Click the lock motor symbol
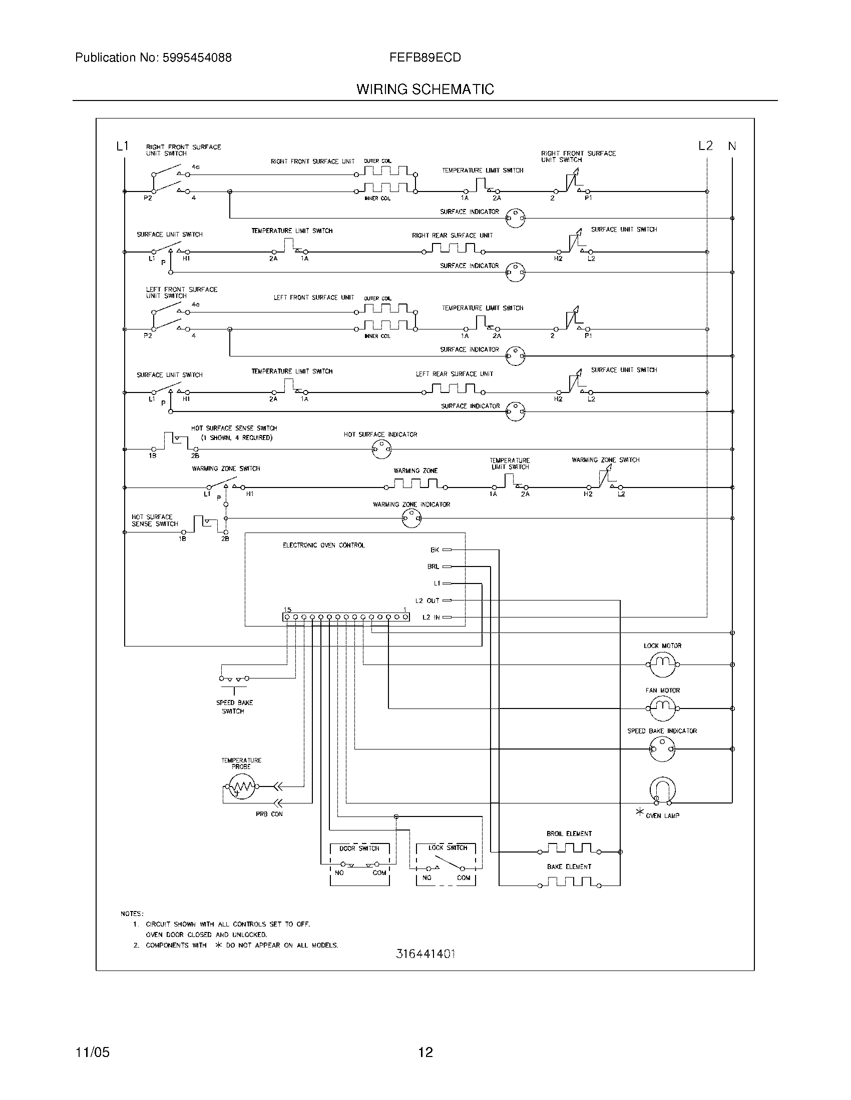click(662, 664)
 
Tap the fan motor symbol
click(662, 708)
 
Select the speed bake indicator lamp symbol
click(662, 749)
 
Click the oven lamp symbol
click(662, 789)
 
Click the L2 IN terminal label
click(431, 617)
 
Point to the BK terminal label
click(435, 550)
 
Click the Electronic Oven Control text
click(324, 545)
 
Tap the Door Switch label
click(359, 848)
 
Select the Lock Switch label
click(448, 847)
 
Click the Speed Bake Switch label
click(234, 706)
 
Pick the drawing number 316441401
click(425, 953)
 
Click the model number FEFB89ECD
click(425, 57)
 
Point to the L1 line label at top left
click(123, 146)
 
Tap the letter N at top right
click(732, 146)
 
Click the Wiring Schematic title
click(425, 89)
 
